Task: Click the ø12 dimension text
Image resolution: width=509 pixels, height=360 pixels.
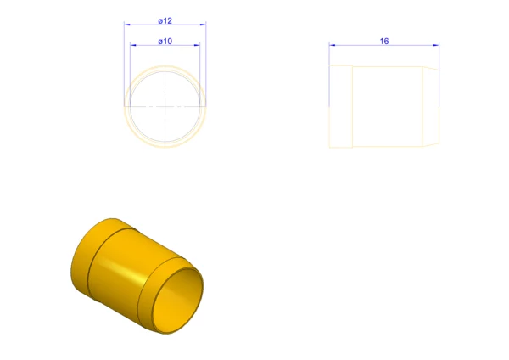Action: [x=165, y=20]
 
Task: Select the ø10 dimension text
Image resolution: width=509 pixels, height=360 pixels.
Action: [x=165, y=42]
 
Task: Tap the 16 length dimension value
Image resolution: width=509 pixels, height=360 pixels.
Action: [x=384, y=42]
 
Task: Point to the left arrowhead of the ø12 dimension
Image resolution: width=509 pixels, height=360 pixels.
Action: [x=127, y=25]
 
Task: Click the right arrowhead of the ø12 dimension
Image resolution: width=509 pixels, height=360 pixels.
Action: [x=204, y=25]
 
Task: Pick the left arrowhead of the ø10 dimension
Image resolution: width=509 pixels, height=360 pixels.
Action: [x=133, y=45]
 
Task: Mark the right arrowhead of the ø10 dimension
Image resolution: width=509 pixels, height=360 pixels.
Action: [x=197, y=45]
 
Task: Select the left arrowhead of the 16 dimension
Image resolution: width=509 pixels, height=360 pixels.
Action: [x=332, y=45]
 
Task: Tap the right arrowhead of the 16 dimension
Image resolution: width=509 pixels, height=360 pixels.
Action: [x=436, y=45]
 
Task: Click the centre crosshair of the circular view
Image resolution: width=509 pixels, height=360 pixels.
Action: [x=165, y=106]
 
